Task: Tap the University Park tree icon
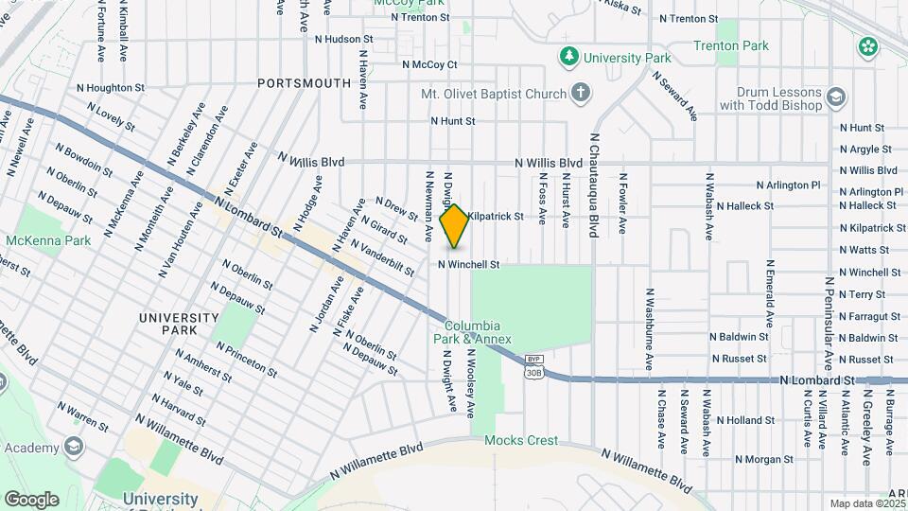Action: (x=568, y=58)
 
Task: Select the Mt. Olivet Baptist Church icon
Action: (x=581, y=94)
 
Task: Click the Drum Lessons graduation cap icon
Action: (x=836, y=97)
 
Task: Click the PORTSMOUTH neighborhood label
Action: (x=305, y=83)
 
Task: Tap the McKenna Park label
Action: (x=48, y=240)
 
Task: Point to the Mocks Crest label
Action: (x=521, y=440)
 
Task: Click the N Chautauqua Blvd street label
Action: (x=594, y=185)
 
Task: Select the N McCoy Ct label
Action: (x=429, y=65)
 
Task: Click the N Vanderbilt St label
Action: (x=382, y=257)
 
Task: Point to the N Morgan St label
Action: (x=763, y=459)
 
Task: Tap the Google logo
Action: (x=31, y=499)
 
